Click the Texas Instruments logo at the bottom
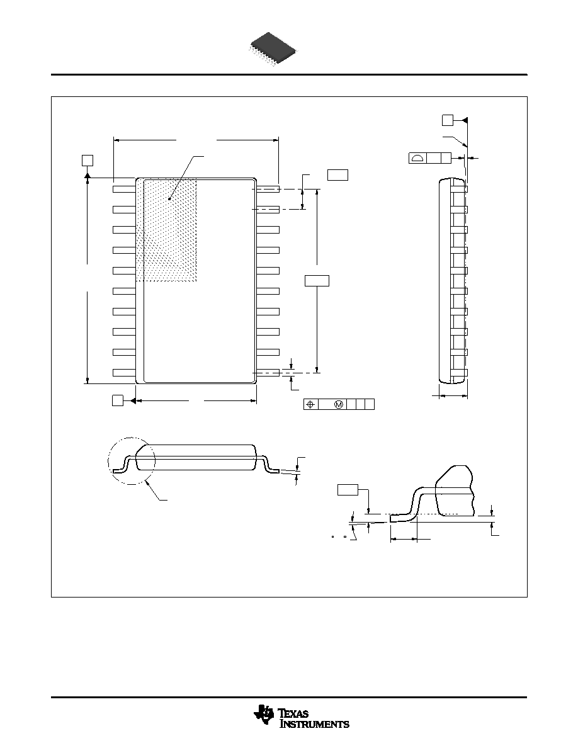click(x=301, y=717)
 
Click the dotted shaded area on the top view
click(x=166, y=230)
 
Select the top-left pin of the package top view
click(x=125, y=190)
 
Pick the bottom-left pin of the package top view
click(x=125, y=373)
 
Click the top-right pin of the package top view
click(x=268, y=190)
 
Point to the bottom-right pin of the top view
click(x=268, y=373)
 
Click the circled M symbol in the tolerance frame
click(x=339, y=404)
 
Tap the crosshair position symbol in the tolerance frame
click(x=311, y=404)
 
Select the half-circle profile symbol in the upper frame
click(x=418, y=158)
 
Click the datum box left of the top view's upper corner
click(x=88, y=160)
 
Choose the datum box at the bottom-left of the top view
click(x=117, y=400)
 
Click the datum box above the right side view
click(x=447, y=120)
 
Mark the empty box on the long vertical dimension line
click(x=317, y=281)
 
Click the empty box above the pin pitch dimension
click(x=337, y=174)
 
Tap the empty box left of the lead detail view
click(x=348, y=490)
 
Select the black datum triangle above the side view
click(x=465, y=120)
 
